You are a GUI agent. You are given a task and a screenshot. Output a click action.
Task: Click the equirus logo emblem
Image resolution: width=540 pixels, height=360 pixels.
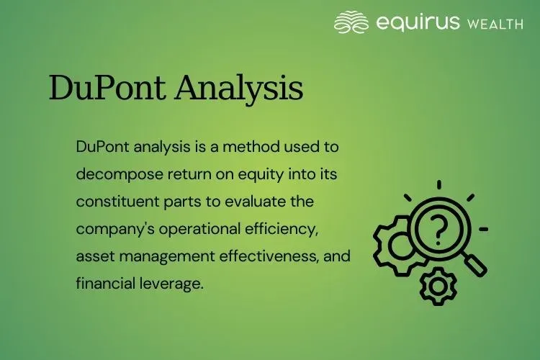[351, 22]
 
